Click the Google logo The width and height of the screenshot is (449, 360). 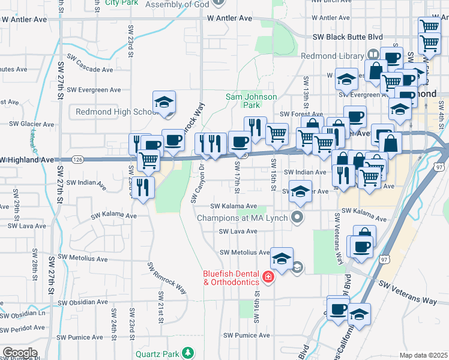(20, 353)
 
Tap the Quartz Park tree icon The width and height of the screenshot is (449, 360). (188, 352)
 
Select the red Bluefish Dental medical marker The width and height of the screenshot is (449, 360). (267, 277)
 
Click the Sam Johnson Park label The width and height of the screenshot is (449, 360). (251, 100)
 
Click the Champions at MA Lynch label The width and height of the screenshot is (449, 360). (244, 217)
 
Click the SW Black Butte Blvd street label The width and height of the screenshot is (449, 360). (348, 37)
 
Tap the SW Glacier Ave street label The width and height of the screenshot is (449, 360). (32, 124)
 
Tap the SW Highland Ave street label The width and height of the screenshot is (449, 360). (28, 160)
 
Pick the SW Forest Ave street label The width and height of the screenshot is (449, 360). (302, 114)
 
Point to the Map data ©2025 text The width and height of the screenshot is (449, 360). (423, 355)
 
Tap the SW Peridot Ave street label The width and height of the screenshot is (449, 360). (23, 328)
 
